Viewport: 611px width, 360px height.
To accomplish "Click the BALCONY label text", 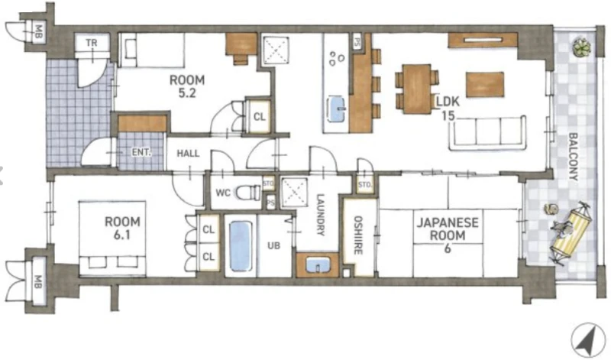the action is pyautogui.click(x=573, y=157).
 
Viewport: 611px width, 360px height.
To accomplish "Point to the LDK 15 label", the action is pyautogui.click(x=448, y=108).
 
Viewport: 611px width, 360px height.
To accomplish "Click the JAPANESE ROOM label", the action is pyautogui.click(x=448, y=235).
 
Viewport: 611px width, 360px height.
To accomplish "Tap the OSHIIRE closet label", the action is pyautogui.click(x=358, y=235).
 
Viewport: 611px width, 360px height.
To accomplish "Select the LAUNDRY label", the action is pyautogui.click(x=320, y=215).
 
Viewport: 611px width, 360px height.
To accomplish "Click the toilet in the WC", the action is pyautogui.click(x=248, y=193).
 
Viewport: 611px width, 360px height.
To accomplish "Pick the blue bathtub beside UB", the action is pyautogui.click(x=241, y=246).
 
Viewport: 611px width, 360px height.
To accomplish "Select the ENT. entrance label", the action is pyautogui.click(x=141, y=152).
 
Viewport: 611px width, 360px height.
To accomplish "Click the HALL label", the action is pyautogui.click(x=188, y=154).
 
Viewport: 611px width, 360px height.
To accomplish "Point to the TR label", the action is pyautogui.click(x=92, y=42).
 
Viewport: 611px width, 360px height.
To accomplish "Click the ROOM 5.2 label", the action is pyautogui.click(x=187, y=86).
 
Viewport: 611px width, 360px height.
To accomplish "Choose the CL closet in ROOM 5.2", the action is pyautogui.click(x=260, y=117).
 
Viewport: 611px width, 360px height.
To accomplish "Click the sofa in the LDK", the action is pyautogui.click(x=487, y=133).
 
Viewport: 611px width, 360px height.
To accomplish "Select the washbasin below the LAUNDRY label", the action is pyautogui.click(x=317, y=266).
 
